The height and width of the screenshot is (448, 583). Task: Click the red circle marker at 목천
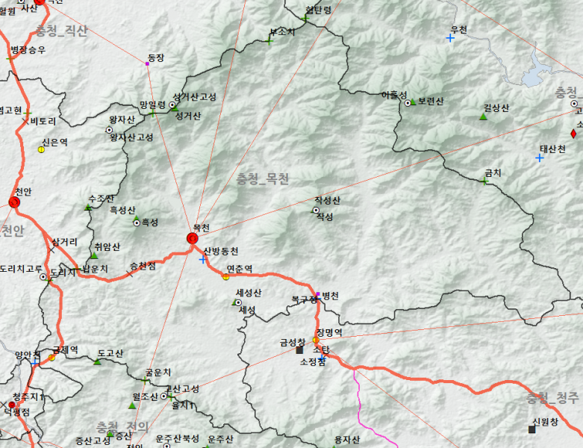(193, 238)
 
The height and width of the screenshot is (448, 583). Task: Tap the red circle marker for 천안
(15, 202)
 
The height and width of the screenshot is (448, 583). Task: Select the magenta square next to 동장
(147, 64)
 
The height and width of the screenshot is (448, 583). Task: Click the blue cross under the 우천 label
(450, 37)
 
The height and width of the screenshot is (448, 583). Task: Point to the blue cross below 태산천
(539, 158)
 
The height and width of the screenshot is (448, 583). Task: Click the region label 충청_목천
(262, 179)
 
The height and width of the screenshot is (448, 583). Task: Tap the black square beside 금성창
(299, 349)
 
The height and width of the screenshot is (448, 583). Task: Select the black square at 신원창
(532, 429)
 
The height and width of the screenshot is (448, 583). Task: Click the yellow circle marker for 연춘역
(225, 277)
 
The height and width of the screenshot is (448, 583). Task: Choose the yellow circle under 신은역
(42, 149)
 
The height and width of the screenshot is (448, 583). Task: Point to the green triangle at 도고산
(97, 362)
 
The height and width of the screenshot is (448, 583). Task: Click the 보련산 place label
(431, 102)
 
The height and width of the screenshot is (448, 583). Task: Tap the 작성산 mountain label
(327, 201)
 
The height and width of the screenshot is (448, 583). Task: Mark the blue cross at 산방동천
(203, 260)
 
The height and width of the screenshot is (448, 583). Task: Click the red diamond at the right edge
(573, 134)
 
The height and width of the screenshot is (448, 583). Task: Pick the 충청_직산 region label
(61, 31)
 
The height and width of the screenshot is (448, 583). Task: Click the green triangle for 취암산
(94, 255)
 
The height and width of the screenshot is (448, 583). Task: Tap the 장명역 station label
(328, 332)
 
